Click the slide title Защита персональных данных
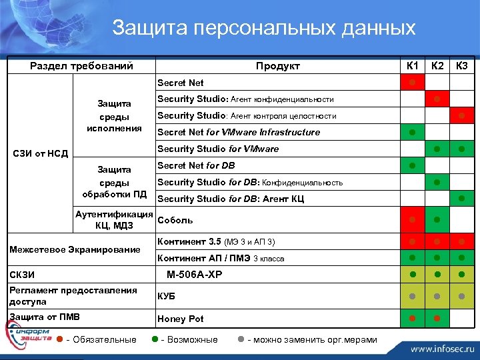click(263, 28)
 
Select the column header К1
click(413, 65)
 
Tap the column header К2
click(437, 65)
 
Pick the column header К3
click(461, 65)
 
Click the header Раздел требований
click(82, 66)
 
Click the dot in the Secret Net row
click(413, 82)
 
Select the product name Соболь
click(175, 220)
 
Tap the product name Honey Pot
click(180, 319)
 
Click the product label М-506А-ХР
click(194, 274)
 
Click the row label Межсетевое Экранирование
click(74, 250)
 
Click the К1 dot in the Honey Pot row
click(413, 318)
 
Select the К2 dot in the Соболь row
click(437, 219)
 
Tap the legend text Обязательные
click(104, 339)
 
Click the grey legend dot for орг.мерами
click(241, 339)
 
